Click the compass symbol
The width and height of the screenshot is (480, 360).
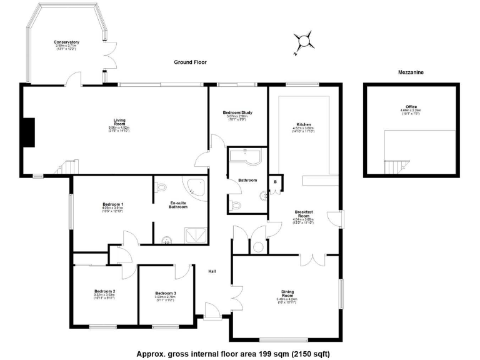coord(304,42)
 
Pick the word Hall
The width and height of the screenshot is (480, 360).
coord(212,271)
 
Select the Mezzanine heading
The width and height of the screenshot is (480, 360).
coord(411,73)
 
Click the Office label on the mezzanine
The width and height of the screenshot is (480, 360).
coord(411,108)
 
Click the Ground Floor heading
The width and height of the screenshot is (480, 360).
coord(190,62)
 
